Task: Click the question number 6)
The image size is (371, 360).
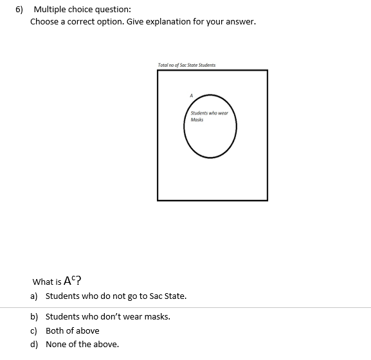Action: tap(20, 10)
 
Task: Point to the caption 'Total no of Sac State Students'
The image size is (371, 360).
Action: tap(186, 65)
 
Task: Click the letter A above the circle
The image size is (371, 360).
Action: tap(190, 95)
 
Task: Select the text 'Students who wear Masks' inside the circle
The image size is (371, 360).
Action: tap(209, 116)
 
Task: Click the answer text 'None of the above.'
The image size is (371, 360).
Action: tap(82, 345)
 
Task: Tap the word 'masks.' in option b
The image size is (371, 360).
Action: tap(157, 317)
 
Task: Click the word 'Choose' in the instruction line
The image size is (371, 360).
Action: tap(44, 22)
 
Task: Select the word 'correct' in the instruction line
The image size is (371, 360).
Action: tap(82, 22)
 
